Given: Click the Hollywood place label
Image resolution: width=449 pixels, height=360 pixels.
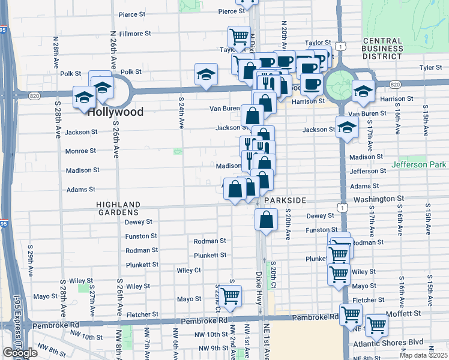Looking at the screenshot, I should tap(115, 112).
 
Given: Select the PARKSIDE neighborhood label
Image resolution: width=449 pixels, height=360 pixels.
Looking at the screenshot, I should tap(285, 200).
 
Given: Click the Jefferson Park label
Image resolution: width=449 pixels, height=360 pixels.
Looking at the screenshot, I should tap(419, 164).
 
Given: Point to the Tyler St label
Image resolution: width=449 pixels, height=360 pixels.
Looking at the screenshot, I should tap(431, 68).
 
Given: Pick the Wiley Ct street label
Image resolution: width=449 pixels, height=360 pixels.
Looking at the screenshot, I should tap(188, 271).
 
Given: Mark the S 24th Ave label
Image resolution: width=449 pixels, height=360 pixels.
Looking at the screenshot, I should tap(181, 113).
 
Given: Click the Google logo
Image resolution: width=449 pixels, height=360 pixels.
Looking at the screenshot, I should tap(20, 353).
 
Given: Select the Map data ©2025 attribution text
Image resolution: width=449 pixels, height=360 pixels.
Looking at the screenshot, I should tap(423, 355).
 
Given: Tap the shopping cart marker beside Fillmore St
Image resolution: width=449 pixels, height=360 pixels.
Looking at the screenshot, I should tap(239, 37).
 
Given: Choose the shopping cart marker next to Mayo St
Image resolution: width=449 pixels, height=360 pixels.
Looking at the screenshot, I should tap(231, 296).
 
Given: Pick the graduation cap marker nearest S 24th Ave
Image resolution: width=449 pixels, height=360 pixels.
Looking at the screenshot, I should tap(206, 75).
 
